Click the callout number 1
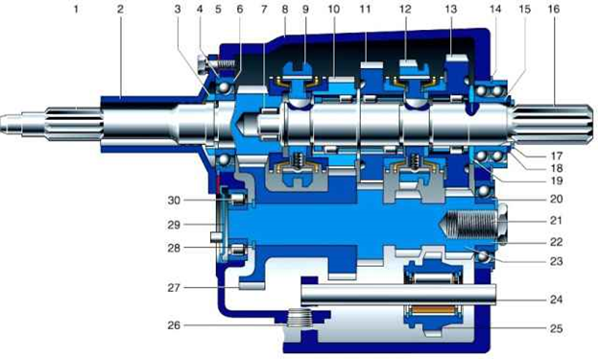[76, 10]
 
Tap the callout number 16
[553, 10]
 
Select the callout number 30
[174, 200]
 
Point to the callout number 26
[174, 325]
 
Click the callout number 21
[556, 221]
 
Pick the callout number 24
[556, 299]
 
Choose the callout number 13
[451, 10]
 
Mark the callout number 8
[284, 10]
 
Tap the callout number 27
[174, 287]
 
